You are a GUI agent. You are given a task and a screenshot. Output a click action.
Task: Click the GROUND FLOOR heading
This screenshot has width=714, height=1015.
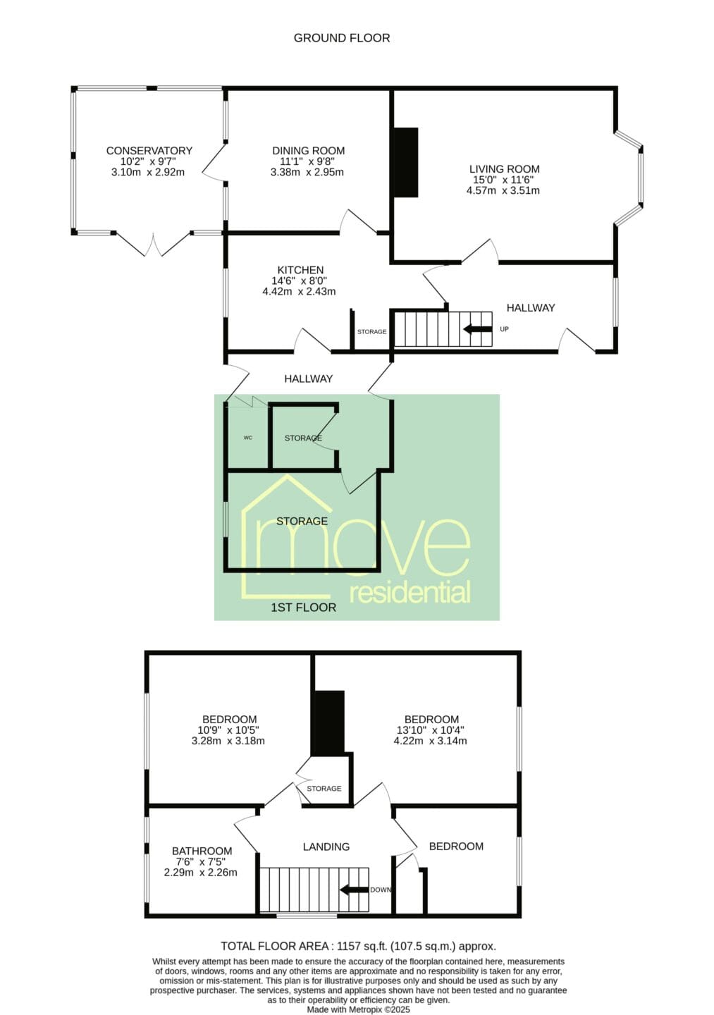click(342, 38)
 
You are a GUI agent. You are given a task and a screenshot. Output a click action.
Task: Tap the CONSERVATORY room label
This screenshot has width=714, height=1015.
click(149, 150)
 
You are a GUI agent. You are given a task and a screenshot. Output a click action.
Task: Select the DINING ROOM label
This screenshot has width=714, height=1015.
click(308, 150)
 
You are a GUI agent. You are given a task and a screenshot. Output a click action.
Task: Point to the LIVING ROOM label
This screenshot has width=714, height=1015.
click(504, 169)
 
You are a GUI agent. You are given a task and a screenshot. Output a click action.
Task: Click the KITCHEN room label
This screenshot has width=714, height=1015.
click(300, 270)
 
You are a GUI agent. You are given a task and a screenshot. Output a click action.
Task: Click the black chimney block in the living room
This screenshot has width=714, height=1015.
click(405, 162)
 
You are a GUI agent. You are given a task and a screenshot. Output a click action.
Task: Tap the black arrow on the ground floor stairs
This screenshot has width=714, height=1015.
click(477, 329)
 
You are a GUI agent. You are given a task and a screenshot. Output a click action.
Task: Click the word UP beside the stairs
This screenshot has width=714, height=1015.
click(504, 329)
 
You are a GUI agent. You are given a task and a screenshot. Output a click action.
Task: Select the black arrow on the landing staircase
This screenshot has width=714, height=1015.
click(354, 890)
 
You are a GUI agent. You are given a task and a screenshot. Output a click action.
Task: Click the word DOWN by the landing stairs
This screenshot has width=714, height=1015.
click(381, 890)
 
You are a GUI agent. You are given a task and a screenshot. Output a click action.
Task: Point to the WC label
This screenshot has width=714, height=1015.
click(248, 438)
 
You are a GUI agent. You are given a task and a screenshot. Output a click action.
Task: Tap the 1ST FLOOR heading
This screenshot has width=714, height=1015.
click(304, 608)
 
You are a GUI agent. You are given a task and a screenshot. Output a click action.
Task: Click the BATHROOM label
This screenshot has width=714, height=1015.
click(202, 851)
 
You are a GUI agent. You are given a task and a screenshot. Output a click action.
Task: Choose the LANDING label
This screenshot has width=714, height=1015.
click(326, 847)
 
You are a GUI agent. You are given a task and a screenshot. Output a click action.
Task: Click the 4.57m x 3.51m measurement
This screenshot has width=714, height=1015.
click(503, 191)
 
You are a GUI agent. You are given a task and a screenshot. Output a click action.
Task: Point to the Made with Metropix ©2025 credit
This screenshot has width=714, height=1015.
click(358, 1009)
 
